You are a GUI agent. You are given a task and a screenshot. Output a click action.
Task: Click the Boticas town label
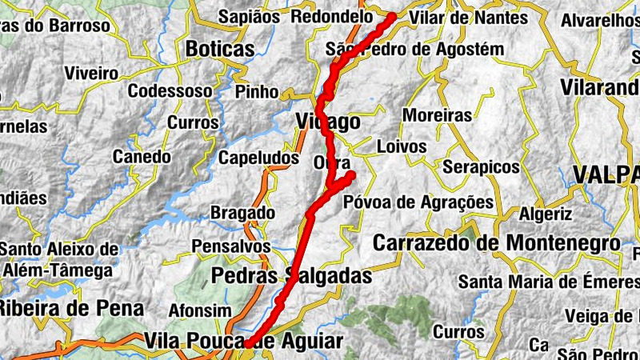pyautogui.click(x=220, y=49)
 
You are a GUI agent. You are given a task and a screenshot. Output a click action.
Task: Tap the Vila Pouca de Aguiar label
pyautogui.click(x=244, y=342)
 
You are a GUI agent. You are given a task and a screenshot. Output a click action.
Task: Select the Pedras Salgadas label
pyautogui.click(x=292, y=277)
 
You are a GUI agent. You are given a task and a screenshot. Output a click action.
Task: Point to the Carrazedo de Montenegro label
pyautogui.click(x=497, y=242)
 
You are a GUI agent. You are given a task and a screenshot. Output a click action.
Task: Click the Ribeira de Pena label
pyautogui.click(x=71, y=308)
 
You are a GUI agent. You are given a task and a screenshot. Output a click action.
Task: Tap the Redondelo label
pyautogui.click(x=332, y=17)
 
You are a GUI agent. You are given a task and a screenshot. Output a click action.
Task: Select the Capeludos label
pyautogui.click(x=258, y=158)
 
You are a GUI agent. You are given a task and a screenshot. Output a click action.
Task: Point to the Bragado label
pyautogui.click(x=242, y=213)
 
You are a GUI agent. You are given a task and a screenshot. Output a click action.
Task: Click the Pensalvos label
pyautogui.click(x=232, y=246)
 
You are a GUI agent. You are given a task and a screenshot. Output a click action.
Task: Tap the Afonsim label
pyautogui.click(x=200, y=310)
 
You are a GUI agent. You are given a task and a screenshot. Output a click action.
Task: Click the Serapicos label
pyautogui.click(x=481, y=167)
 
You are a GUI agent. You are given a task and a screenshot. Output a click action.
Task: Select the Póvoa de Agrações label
pyautogui.click(x=418, y=202)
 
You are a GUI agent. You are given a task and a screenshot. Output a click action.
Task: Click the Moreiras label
pyautogui.click(x=437, y=115)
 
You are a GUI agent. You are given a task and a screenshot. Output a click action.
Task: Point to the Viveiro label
pyautogui.click(x=91, y=73)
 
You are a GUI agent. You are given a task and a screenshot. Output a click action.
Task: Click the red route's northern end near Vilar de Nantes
pyautogui.click(x=391, y=16)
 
